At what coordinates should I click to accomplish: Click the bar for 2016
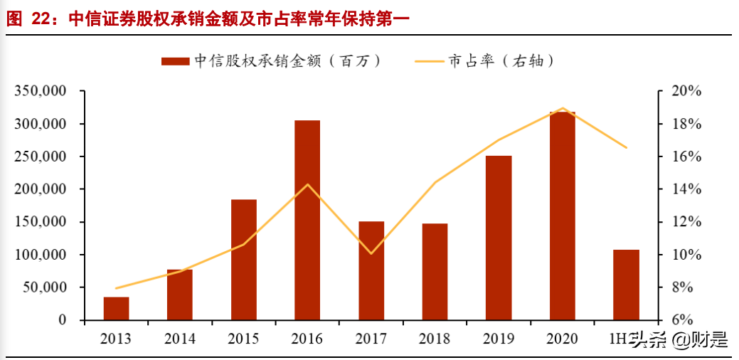[307, 220]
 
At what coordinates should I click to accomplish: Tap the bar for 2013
[116, 308]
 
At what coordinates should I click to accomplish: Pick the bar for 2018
[435, 272]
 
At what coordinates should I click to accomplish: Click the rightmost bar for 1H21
[626, 285]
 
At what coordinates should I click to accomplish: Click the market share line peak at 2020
[562, 108]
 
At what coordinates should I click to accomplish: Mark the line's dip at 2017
[371, 253]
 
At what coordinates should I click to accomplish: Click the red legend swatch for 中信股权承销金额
[175, 61]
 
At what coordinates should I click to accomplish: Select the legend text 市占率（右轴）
[501, 61]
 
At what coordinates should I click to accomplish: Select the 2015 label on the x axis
[243, 339]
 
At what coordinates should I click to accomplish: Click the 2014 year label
[179, 339]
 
